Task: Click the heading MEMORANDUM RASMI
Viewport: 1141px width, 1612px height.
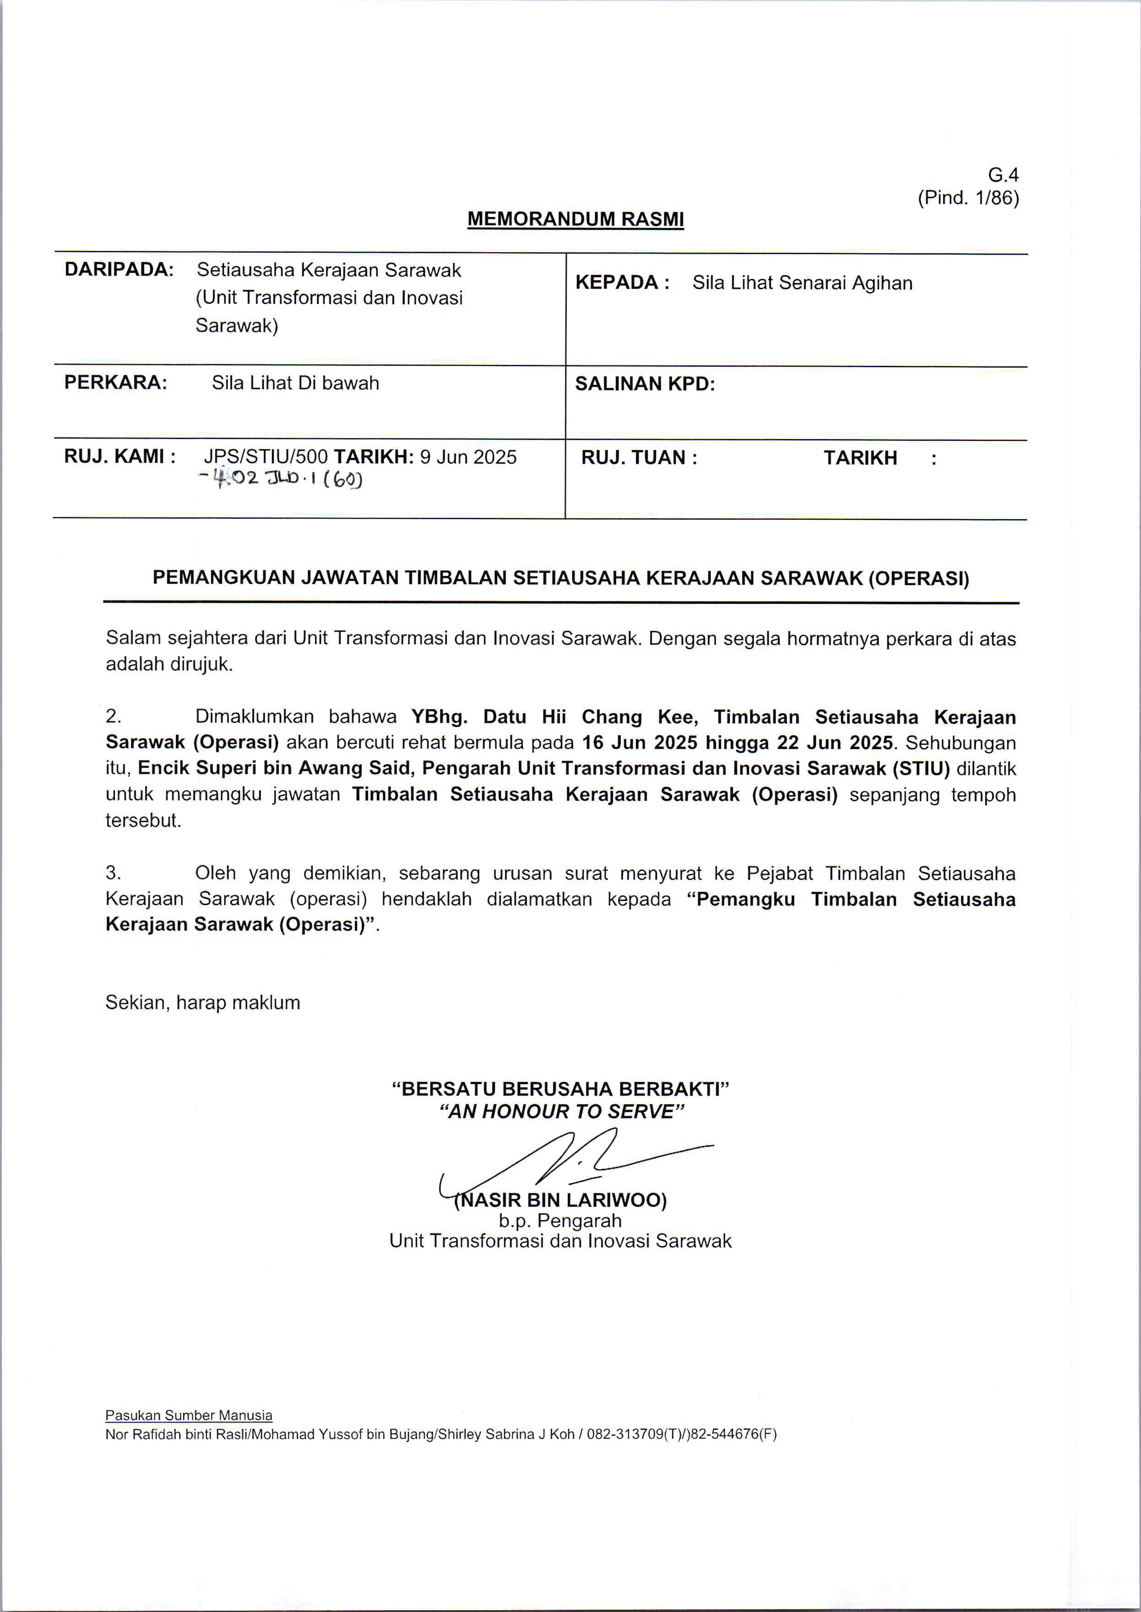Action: pyautogui.click(x=576, y=219)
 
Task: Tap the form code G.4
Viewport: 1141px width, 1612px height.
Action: pyautogui.click(x=1003, y=175)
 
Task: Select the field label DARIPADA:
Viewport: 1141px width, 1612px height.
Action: pyautogui.click(x=119, y=270)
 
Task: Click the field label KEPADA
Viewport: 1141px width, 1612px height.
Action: pyautogui.click(x=617, y=282)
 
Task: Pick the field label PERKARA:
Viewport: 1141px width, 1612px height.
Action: pyautogui.click(x=116, y=383)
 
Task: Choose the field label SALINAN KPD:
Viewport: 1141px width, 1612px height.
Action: pyautogui.click(x=644, y=384)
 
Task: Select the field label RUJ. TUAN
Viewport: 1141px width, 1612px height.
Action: pyautogui.click(x=638, y=458)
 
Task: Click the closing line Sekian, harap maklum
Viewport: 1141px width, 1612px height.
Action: pyautogui.click(x=202, y=1002)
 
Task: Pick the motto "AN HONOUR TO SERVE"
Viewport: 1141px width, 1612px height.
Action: pyautogui.click(x=561, y=1111)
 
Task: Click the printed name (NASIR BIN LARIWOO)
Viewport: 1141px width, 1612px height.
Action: pyautogui.click(x=561, y=1200)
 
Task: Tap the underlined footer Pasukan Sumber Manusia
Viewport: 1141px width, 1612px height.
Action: pyautogui.click(x=188, y=1415)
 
